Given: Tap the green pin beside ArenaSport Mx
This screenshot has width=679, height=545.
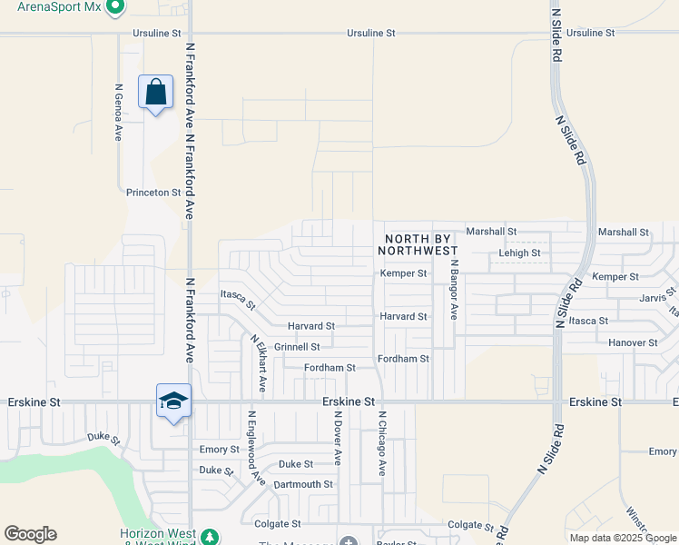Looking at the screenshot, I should coord(114,8).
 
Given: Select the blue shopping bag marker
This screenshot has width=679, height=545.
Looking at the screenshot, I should coord(155,92).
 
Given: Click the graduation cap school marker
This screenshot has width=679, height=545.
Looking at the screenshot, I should coord(173,401).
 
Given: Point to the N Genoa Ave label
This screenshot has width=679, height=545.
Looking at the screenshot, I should coord(118,113).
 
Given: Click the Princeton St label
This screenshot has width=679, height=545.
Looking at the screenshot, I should coord(153,193).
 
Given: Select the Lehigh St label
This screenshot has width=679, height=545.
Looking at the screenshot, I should coord(519,253).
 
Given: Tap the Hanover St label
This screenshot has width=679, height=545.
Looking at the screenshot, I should coord(634,343).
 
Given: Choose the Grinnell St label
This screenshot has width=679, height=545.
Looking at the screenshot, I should coord(297,347).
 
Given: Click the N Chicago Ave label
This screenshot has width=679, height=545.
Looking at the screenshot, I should coord(382,443).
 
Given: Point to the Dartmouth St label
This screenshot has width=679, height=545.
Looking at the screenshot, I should coord(303,485).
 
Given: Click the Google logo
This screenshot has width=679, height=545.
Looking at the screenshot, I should coord(30,534).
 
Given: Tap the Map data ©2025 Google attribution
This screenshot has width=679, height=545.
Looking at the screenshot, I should coord(622,538).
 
